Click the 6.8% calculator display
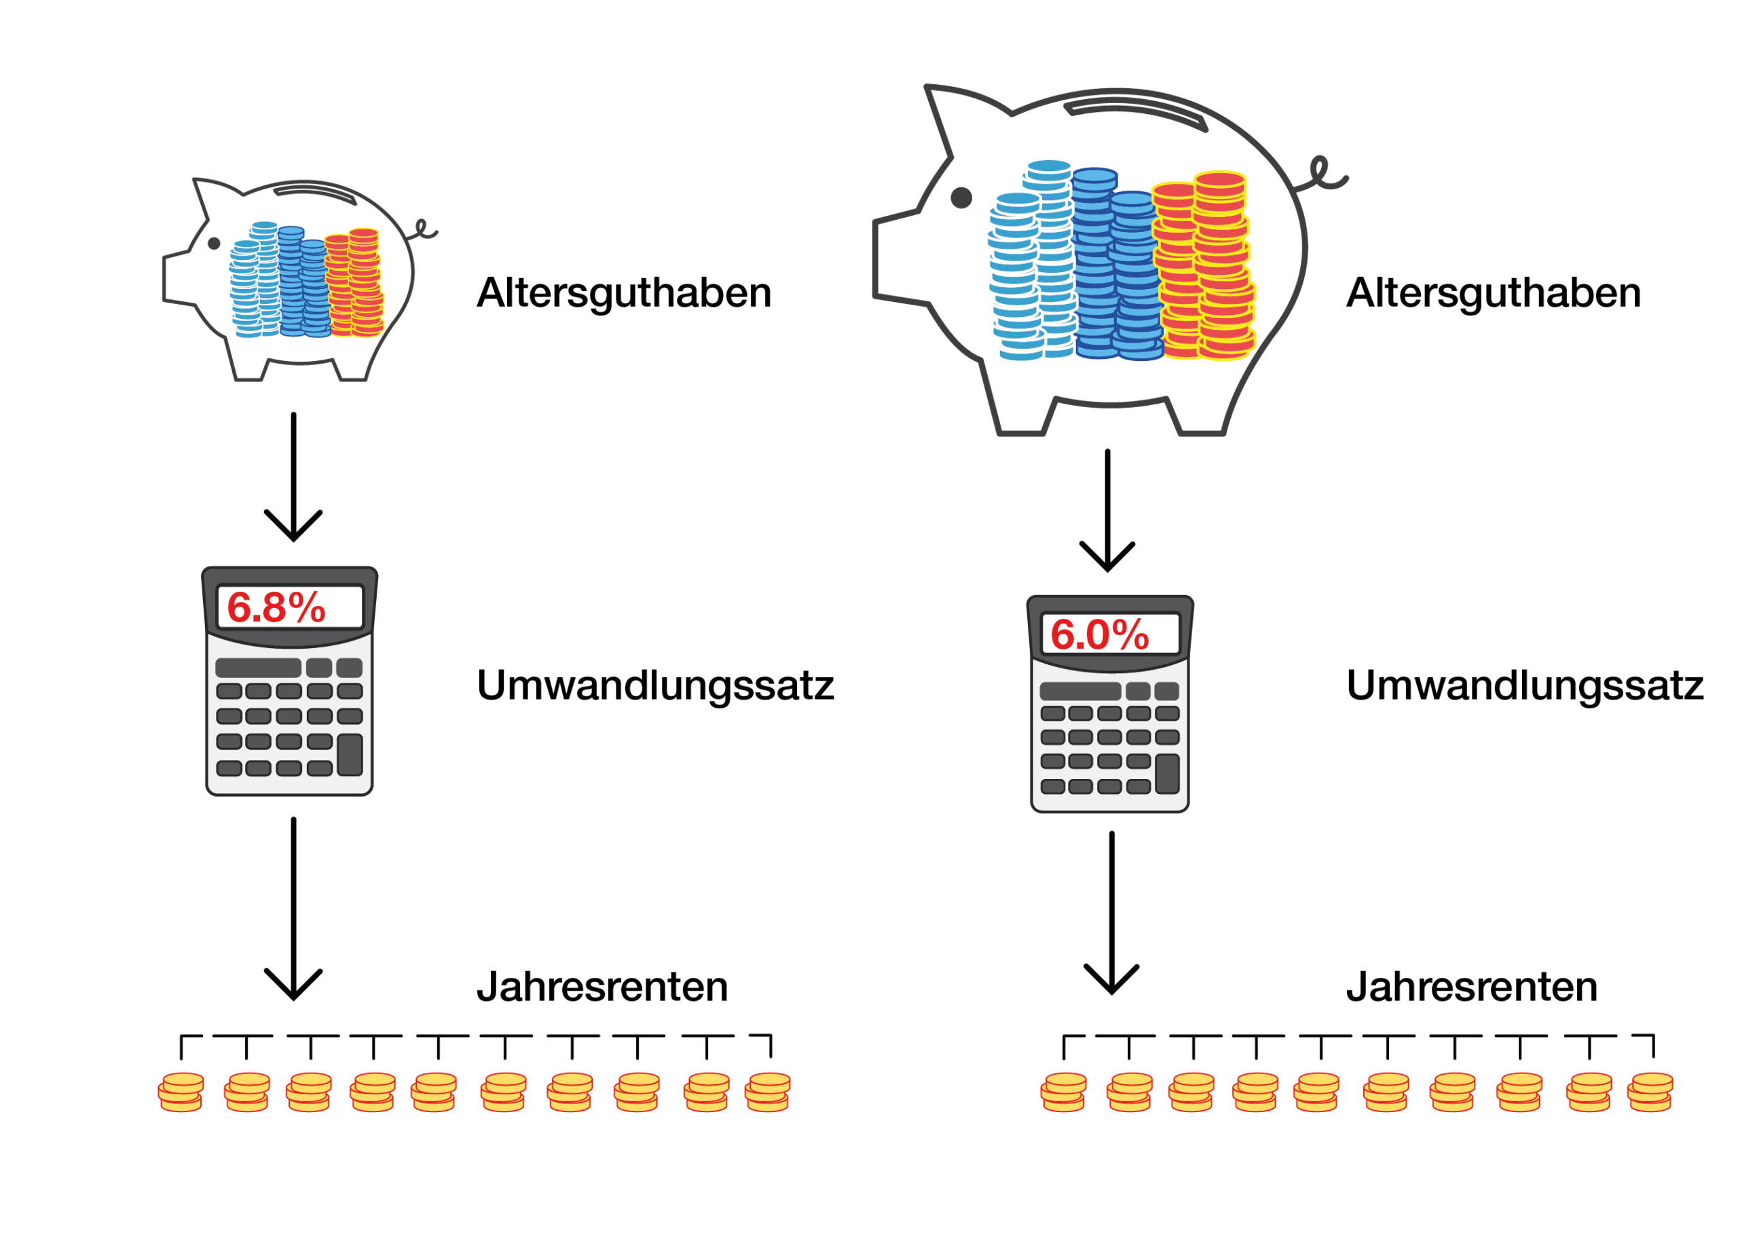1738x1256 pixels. tap(290, 607)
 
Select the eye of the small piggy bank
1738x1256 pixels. tap(215, 244)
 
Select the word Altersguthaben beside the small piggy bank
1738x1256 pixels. tap(624, 293)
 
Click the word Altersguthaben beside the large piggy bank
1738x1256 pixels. tap(1493, 293)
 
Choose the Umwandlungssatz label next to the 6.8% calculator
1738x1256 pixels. tap(655, 685)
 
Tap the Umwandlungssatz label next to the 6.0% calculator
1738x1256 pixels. tap(1525, 685)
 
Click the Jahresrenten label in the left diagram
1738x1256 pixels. tap(602, 987)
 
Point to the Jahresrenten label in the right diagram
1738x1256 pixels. tap(1472, 987)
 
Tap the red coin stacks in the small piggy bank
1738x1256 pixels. tap(354, 284)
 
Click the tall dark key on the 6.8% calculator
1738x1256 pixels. tap(350, 755)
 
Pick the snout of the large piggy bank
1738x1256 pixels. tap(893, 257)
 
